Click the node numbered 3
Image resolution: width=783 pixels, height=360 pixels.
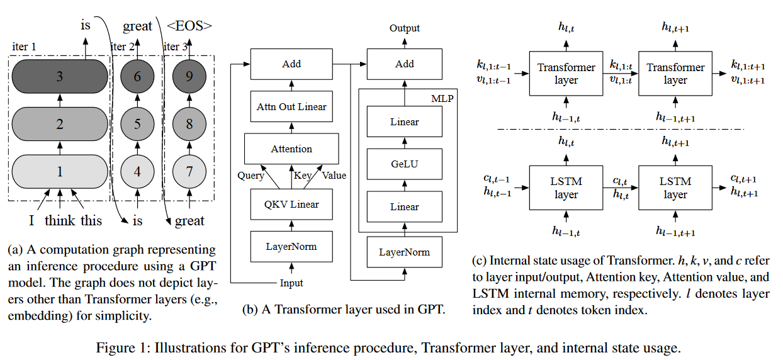click(60, 77)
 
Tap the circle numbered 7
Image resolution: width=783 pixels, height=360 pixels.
click(189, 171)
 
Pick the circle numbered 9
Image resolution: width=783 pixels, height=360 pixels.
click(189, 77)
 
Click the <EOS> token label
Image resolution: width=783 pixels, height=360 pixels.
click(189, 26)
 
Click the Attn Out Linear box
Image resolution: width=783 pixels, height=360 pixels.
click(291, 107)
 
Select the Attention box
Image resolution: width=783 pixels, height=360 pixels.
click(291, 149)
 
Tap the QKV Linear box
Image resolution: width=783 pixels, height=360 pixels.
click(291, 204)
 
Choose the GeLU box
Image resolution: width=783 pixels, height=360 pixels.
click(405, 164)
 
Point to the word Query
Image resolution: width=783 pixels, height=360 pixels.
click(251, 176)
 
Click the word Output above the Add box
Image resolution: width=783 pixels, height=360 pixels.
click(405, 28)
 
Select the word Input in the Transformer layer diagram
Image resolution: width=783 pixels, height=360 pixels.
click(291, 283)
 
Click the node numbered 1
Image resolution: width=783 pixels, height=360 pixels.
click(60, 171)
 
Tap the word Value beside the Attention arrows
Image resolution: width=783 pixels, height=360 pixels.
click(334, 176)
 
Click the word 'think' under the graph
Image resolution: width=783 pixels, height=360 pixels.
click(60, 220)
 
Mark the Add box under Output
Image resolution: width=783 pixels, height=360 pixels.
click(405, 64)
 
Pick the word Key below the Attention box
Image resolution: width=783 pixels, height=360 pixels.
click(302, 176)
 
